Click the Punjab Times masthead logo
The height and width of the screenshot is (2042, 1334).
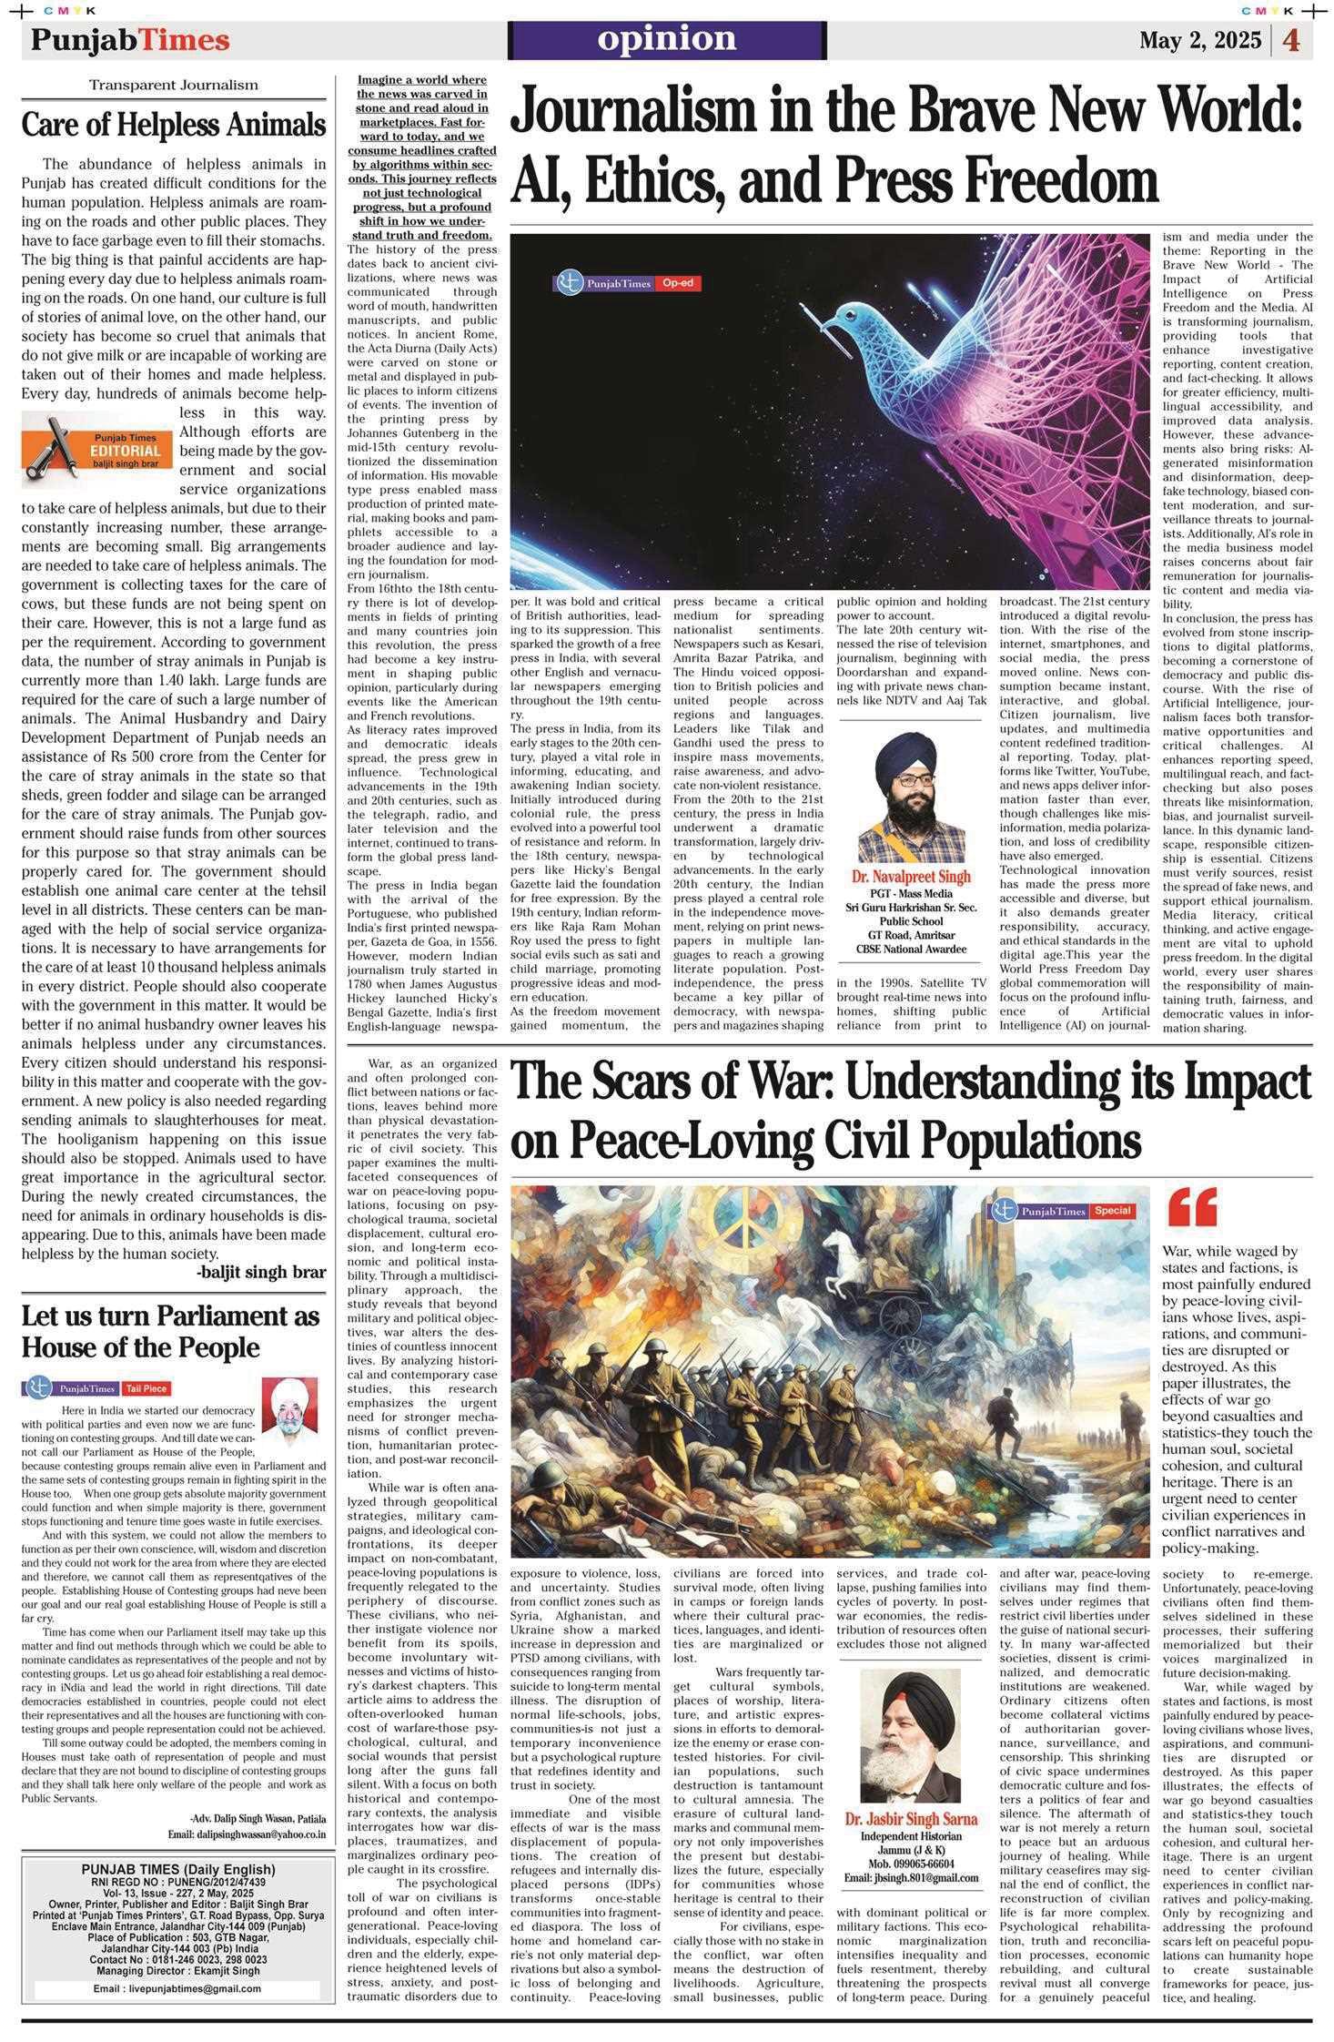point(129,40)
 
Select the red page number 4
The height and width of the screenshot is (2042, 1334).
point(1291,41)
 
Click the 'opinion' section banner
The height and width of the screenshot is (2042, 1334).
point(667,39)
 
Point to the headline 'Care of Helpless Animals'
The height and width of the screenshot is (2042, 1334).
point(174,124)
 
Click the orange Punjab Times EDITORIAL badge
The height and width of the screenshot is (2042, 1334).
point(96,450)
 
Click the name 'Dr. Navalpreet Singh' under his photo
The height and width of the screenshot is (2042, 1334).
point(910,876)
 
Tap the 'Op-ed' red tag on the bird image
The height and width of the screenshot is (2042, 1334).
point(677,283)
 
